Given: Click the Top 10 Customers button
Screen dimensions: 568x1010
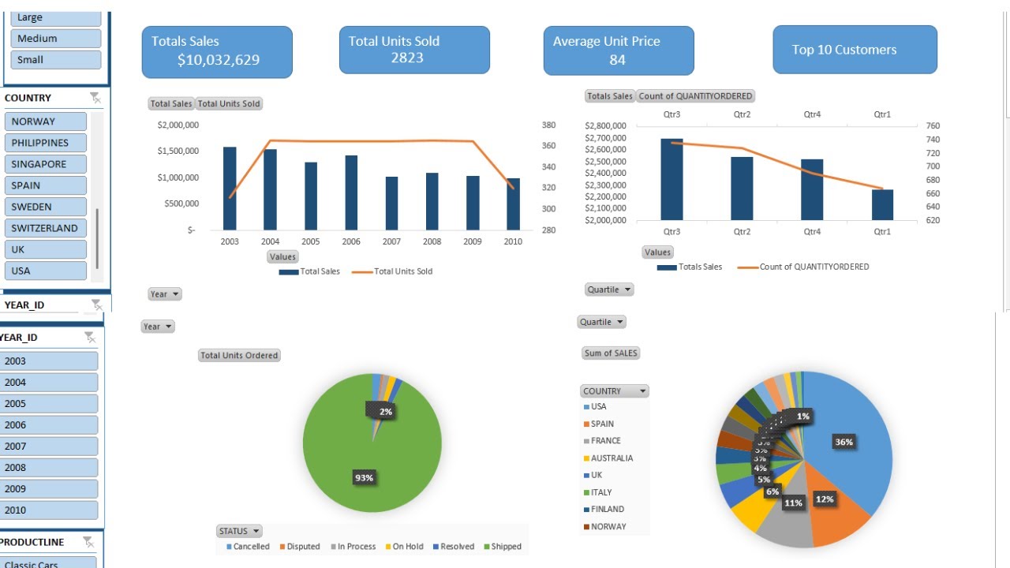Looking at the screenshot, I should pyautogui.click(x=855, y=50).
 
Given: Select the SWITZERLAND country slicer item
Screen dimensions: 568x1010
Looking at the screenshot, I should pyautogui.click(x=45, y=228).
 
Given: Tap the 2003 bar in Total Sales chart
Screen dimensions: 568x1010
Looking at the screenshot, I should pyautogui.click(x=230, y=188).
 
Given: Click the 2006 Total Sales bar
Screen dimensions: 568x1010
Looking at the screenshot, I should pyautogui.click(x=351, y=192).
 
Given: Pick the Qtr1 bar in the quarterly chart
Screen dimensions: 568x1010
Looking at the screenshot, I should pyautogui.click(x=882, y=204).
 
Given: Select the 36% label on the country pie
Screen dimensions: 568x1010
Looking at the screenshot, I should pyautogui.click(x=844, y=442).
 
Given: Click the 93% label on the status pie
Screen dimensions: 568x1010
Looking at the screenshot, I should pyautogui.click(x=364, y=477).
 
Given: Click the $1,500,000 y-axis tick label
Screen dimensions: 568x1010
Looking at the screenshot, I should pyautogui.click(x=178, y=151).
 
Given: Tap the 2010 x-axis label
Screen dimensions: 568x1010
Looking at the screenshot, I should pyautogui.click(x=513, y=241).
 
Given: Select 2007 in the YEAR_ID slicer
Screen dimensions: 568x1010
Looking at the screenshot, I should pyautogui.click(x=49, y=446).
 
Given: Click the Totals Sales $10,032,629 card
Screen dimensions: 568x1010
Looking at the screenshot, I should pyautogui.click(x=217, y=51).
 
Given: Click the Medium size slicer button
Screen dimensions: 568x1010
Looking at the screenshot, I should pyautogui.click(x=55, y=38).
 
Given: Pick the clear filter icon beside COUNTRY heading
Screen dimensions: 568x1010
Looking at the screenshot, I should pyautogui.click(x=95, y=98).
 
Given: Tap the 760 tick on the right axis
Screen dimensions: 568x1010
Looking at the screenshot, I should pyautogui.click(x=933, y=125).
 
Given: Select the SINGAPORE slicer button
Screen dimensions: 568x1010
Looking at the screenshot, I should pyautogui.click(x=45, y=164).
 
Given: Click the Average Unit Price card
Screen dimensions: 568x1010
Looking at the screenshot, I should pyautogui.click(x=618, y=50).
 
